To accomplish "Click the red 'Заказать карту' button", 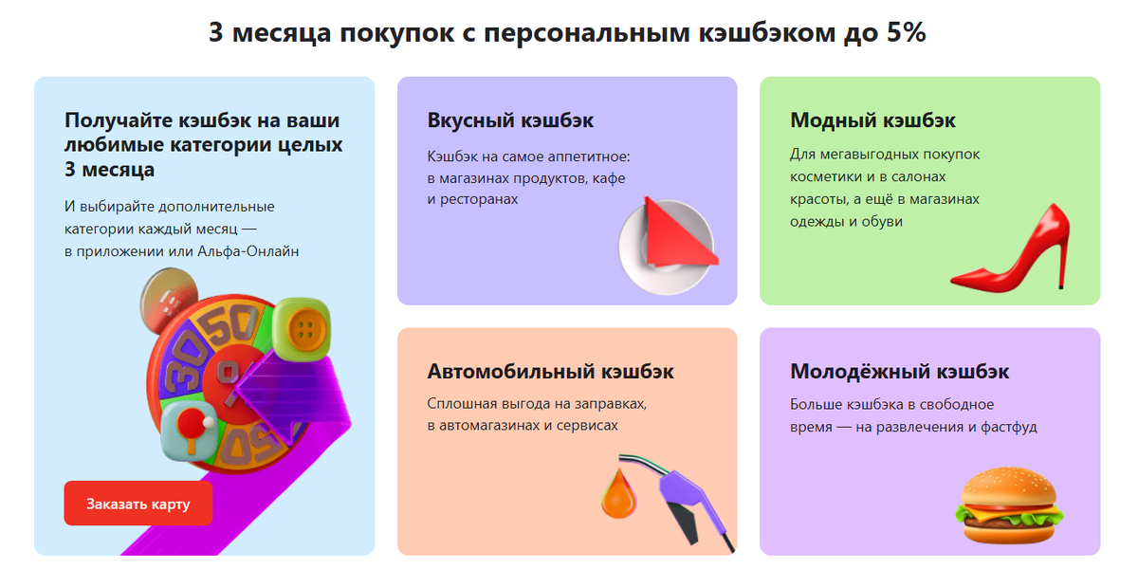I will (x=138, y=504).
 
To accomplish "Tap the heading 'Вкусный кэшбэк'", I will (x=510, y=121).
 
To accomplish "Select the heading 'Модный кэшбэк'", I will (x=872, y=121).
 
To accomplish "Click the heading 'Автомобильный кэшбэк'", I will (x=550, y=372).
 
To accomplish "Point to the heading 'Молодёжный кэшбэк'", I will (x=899, y=372).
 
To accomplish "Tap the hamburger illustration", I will (x=1008, y=507).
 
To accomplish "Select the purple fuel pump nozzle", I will (x=690, y=498).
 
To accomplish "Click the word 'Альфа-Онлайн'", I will (x=254, y=250).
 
